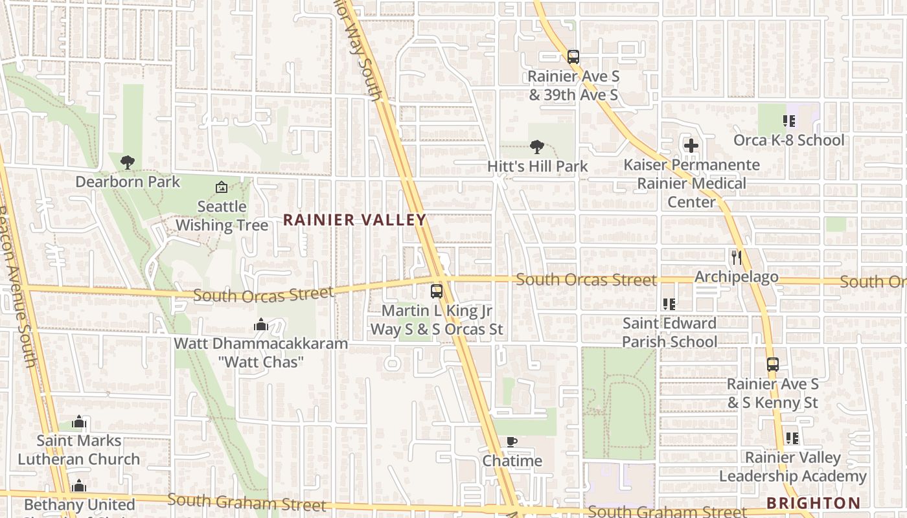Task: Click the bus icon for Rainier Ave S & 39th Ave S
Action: coord(573,57)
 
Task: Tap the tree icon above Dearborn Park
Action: coord(128,163)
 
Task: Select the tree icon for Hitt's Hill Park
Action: coord(536,147)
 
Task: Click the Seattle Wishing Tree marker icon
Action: coord(222,188)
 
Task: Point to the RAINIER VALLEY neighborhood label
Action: coord(355,220)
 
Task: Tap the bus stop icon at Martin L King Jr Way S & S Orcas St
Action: coord(437,291)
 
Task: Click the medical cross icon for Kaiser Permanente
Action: coord(691,146)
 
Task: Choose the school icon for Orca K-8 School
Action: coord(788,121)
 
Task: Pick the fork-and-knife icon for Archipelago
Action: coord(736,258)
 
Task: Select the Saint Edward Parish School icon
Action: coord(669,304)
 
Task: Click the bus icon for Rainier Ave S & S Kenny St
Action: coord(772,365)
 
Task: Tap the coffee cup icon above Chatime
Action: coord(511,442)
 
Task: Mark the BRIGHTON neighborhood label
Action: coord(813,503)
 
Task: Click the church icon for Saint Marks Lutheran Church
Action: coord(79,422)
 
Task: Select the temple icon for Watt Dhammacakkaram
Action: coord(261,324)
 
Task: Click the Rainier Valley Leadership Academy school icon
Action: coord(792,438)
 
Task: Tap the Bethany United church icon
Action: coord(79,486)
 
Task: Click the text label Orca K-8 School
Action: coord(788,141)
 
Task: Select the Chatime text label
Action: coord(512,461)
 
